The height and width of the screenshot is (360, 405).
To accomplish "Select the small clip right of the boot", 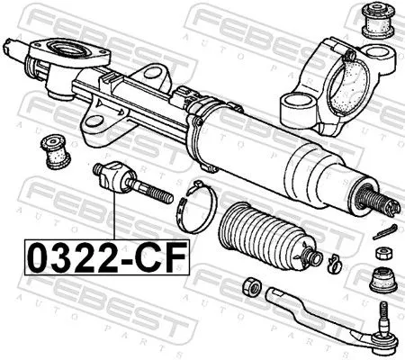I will (x=332, y=263).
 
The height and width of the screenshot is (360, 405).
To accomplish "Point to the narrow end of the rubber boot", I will (x=310, y=259).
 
